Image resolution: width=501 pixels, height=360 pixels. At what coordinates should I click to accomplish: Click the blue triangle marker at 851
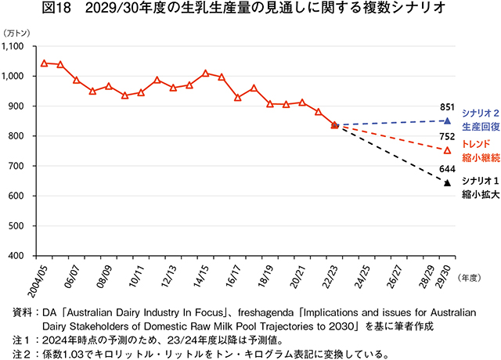447,121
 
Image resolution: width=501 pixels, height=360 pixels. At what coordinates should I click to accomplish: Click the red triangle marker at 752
447,150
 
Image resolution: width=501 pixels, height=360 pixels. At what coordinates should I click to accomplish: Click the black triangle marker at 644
447,183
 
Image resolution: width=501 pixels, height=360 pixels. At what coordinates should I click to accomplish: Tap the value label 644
447,167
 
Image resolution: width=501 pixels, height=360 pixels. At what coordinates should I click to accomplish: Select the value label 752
447,136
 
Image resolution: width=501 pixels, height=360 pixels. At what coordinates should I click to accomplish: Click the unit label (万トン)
17,32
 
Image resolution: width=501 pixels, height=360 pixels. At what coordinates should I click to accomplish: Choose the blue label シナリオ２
479,112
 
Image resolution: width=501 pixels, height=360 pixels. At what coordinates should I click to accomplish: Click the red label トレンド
475,144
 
